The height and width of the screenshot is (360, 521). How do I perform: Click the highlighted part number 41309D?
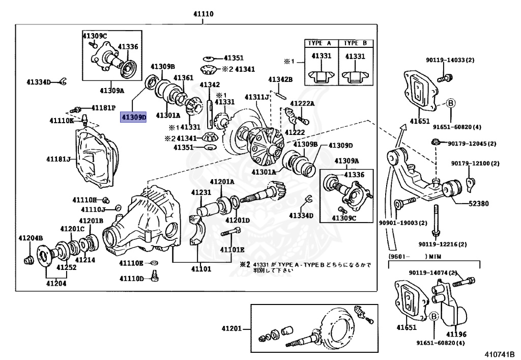pos(133,117)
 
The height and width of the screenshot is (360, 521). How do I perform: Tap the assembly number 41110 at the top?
pos(204,14)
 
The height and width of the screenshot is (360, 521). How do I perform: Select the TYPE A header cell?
pos(321,43)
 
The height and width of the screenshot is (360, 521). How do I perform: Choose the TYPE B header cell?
pos(356,43)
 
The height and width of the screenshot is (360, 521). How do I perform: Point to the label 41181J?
pos(59,159)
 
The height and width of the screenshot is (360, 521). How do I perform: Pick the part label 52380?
pos(478,204)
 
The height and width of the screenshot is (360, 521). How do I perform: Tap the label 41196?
pos(456,334)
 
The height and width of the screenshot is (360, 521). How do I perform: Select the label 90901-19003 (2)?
pos(403,223)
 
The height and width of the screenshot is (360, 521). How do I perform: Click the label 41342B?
pos(280,79)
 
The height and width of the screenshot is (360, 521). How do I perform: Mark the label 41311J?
pos(257,97)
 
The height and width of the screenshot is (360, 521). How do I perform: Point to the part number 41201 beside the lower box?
pos(231,328)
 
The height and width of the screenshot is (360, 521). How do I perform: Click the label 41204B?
pos(31,238)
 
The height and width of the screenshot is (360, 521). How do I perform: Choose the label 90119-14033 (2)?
pos(450,60)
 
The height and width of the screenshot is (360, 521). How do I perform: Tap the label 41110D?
pos(132,279)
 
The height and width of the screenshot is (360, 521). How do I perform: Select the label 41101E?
pos(232,250)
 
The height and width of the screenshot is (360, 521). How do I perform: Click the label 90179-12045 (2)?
pos(472,144)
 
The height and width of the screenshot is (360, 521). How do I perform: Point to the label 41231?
pos(201,192)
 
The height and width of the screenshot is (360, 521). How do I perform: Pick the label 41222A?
pos(302,103)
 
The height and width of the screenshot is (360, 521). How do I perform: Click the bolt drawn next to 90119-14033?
pos(445,78)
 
